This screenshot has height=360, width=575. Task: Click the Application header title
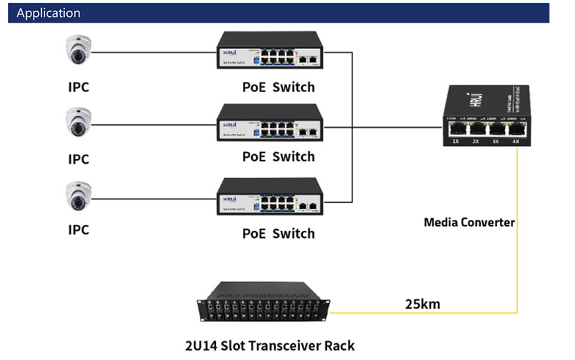click(x=48, y=13)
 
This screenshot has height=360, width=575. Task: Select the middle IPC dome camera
click(x=78, y=123)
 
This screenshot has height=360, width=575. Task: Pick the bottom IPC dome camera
click(x=78, y=196)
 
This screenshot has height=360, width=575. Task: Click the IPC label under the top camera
click(x=78, y=88)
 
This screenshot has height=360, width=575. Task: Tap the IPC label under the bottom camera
click(x=78, y=230)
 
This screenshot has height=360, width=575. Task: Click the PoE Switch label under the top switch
click(x=278, y=88)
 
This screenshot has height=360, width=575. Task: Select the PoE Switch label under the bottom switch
click(x=278, y=234)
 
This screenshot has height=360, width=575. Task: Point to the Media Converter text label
click(x=469, y=221)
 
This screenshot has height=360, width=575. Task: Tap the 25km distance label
click(x=422, y=303)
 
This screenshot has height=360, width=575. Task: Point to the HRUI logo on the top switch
click(x=228, y=53)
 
